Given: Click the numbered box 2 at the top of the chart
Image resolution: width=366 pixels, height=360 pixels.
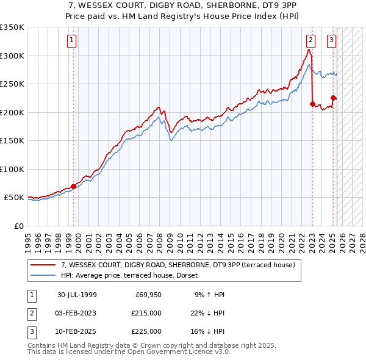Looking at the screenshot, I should pos(310,40).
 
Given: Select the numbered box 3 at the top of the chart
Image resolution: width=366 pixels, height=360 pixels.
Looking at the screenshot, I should pos(331,40).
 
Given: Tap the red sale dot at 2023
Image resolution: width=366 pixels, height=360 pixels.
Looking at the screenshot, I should pos(312,104).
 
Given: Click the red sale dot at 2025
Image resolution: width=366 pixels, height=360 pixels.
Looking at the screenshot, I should pos(334,98).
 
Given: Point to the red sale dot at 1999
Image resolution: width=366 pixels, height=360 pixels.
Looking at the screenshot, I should pos(74,186).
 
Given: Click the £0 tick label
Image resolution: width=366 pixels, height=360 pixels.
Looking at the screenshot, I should pos(18,226).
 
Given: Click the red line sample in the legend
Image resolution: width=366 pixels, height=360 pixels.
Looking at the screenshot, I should pos(43,265).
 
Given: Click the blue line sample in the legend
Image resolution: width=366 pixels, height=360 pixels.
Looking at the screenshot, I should pos(43,275).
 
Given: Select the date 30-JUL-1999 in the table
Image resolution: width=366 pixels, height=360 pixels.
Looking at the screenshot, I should pos(77,295).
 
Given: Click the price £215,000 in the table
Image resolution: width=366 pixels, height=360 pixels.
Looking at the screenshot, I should pos(147,313).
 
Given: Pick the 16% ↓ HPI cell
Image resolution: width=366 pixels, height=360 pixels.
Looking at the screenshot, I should pos(207,331).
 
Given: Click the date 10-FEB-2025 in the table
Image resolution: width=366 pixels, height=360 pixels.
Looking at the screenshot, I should pos(77,331).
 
